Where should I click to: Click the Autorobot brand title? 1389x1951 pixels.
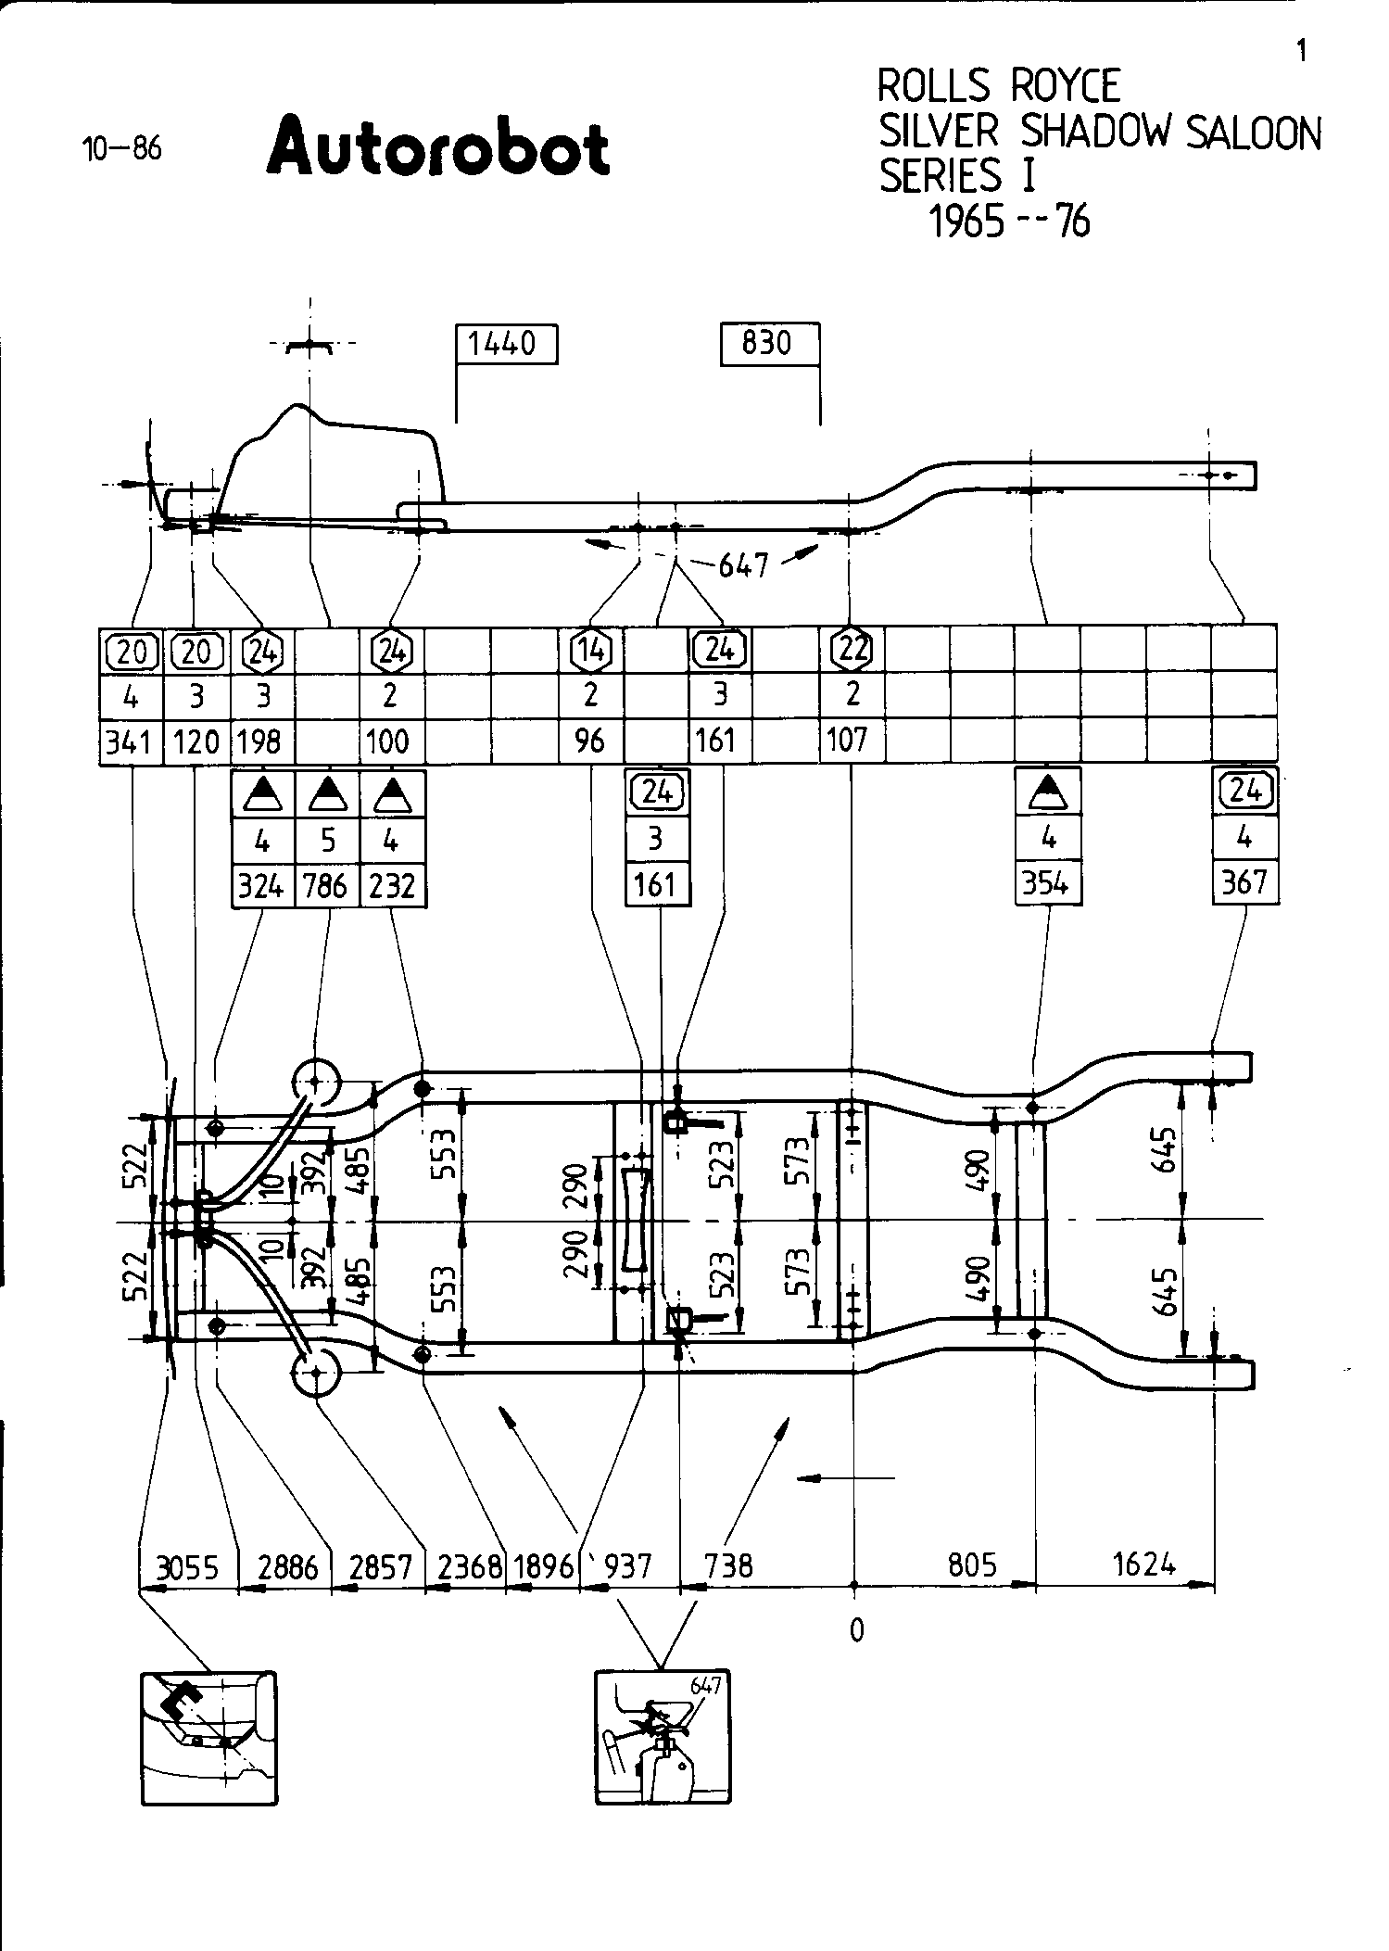coord(437,146)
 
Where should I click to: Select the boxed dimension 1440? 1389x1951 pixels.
coord(505,344)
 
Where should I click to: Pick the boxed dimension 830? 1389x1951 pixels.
coord(769,344)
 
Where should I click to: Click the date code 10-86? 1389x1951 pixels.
coord(122,149)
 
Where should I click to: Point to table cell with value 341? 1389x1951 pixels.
coord(131,741)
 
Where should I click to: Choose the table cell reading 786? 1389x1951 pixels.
coord(327,885)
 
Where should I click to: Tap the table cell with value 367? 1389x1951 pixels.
coord(1244,881)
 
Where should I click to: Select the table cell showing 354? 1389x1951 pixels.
coord(1048,883)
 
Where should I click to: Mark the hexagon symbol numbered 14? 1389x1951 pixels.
coord(590,650)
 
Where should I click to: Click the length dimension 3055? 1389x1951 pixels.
coord(187,1566)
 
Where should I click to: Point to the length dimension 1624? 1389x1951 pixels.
coord(1143,1565)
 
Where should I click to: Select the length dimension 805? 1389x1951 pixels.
coord(973,1565)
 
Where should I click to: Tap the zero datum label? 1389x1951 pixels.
coord(856,1629)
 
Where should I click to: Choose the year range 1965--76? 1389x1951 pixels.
coord(1009,222)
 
